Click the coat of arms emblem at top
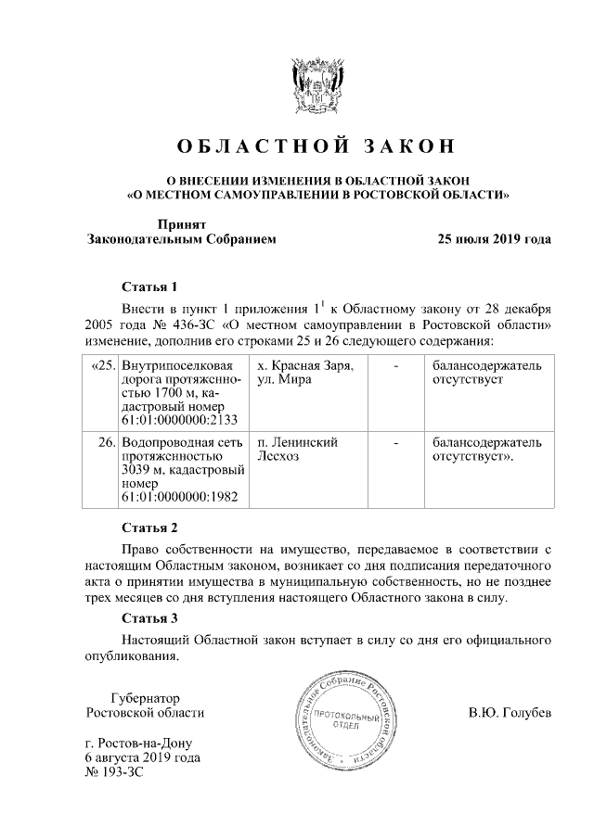pos(318,88)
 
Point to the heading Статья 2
pos(148,528)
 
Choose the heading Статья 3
pos(148,617)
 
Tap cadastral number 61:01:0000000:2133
pos(177,418)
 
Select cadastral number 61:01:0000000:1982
pos(177,497)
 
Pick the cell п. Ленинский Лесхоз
pos(297,450)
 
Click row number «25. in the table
pos(101,367)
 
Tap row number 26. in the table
pos(106,443)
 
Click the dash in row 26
pos(396,443)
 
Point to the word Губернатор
pos(144,697)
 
